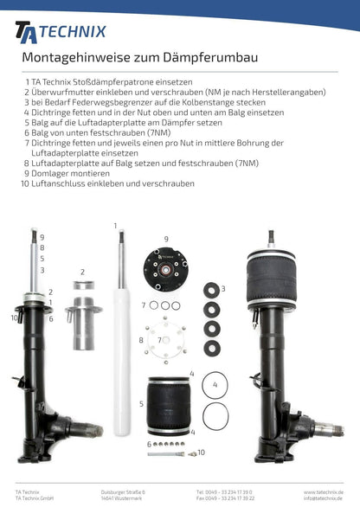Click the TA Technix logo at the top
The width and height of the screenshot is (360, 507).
61,31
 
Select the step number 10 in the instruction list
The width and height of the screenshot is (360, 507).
25,183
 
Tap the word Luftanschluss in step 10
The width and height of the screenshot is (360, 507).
61,183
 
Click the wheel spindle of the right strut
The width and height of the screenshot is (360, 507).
333,429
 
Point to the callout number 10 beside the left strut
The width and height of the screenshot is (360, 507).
15,318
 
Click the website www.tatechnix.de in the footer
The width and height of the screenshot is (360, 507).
321,492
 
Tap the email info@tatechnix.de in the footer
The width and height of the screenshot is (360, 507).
320,499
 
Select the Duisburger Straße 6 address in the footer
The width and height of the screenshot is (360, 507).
124,492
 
